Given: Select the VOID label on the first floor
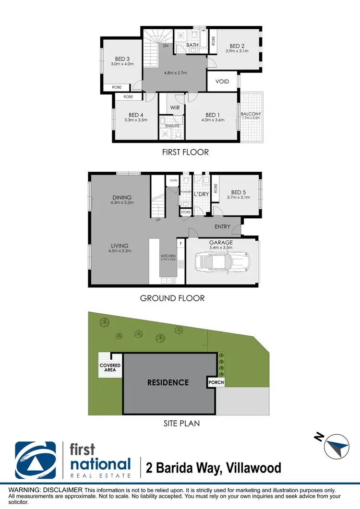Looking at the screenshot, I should pos(222,82).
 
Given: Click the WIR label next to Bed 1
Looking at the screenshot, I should pos(175,108).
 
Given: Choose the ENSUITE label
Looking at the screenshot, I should pos(173,126).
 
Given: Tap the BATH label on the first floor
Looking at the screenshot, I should pos(192,45).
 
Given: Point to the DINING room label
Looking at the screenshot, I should pos(122,197).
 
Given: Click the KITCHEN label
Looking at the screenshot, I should pos(168,256).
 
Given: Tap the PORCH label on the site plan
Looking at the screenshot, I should pos(216,382).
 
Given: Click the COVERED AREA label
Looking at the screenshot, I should pos(110,368).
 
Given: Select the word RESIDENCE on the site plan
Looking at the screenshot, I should pos(168,382).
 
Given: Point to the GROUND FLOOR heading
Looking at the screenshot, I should pos(172,298).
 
